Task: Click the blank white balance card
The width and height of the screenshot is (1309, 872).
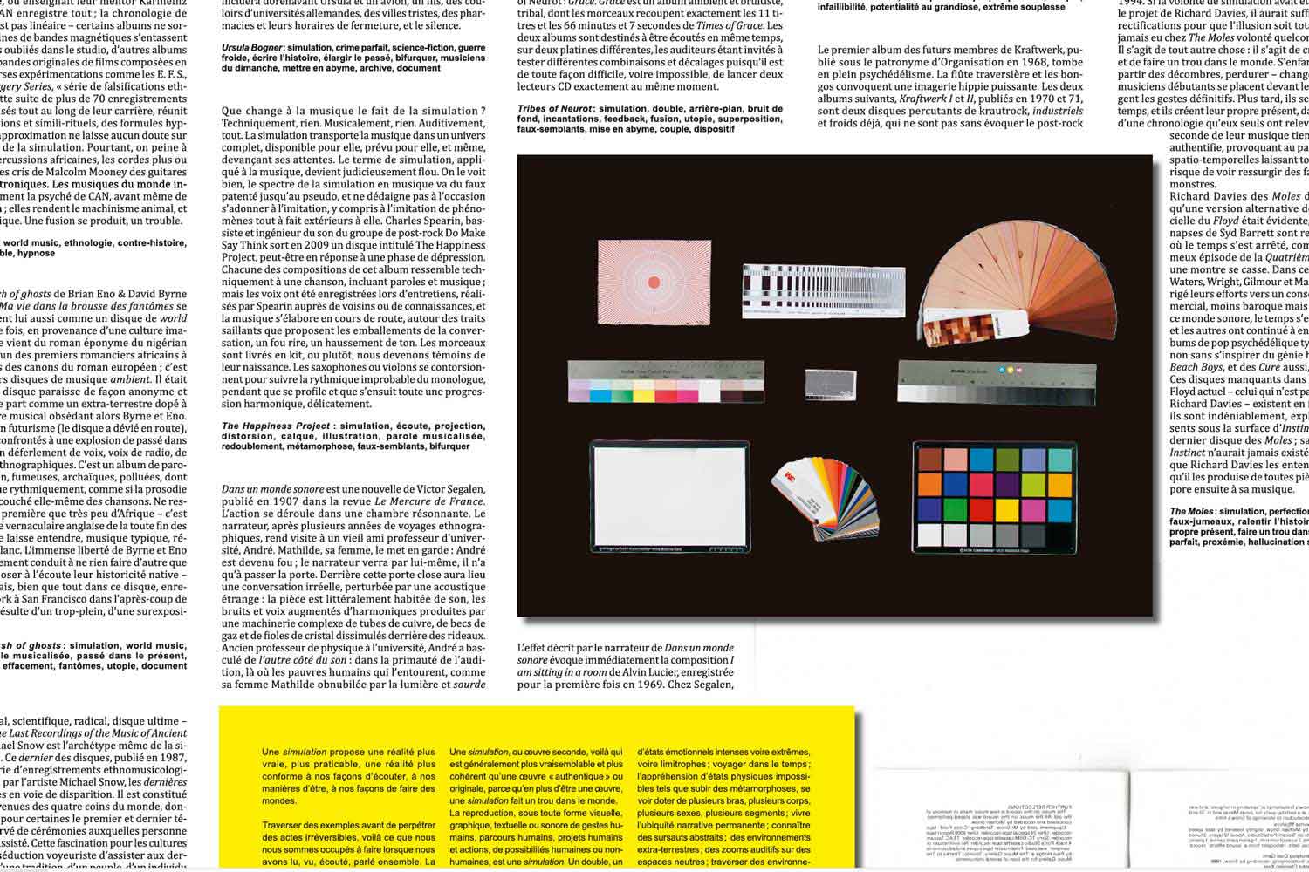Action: tap(669, 494)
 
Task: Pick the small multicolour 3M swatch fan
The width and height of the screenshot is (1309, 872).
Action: tap(818, 494)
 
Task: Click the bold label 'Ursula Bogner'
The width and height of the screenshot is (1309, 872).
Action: tap(251, 48)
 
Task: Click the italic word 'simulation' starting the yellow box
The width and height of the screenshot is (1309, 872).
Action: tap(304, 752)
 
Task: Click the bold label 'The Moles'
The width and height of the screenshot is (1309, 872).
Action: tap(1192, 511)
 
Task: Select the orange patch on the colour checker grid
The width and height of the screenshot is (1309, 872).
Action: tap(929, 484)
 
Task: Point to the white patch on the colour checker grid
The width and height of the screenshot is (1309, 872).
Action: tap(929, 534)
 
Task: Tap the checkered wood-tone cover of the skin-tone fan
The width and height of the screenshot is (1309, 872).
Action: tap(953, 332)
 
